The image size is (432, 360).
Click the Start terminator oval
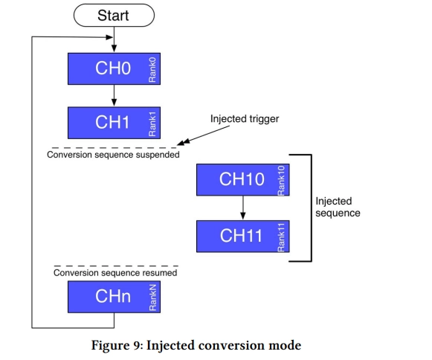(x=114, y=15)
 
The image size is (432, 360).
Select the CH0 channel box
(x=114, y=68)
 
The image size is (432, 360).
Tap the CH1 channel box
(x=114, y=123)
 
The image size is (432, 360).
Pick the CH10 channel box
(x=242, y=180)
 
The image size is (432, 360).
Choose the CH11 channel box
(x=242, y=237)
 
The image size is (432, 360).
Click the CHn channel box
(x=114, y=297)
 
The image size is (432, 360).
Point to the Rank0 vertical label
(x=152, y=70)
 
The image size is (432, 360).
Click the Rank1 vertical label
(x=152, y=124)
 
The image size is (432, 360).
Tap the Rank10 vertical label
(x=281, y=180)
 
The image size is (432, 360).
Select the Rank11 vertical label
(x=281, y=237)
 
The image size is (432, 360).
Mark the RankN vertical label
(x=152, y=298)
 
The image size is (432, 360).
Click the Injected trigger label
(x=245, y=119)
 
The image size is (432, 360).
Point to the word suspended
(x=158, y=155)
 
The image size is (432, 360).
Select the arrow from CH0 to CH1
(x=114, y=95)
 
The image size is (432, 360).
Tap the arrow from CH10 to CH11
(x=242, y=208)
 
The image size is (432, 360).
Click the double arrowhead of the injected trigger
(x=184, y=141)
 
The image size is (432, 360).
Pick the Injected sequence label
(x=338, y=207)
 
